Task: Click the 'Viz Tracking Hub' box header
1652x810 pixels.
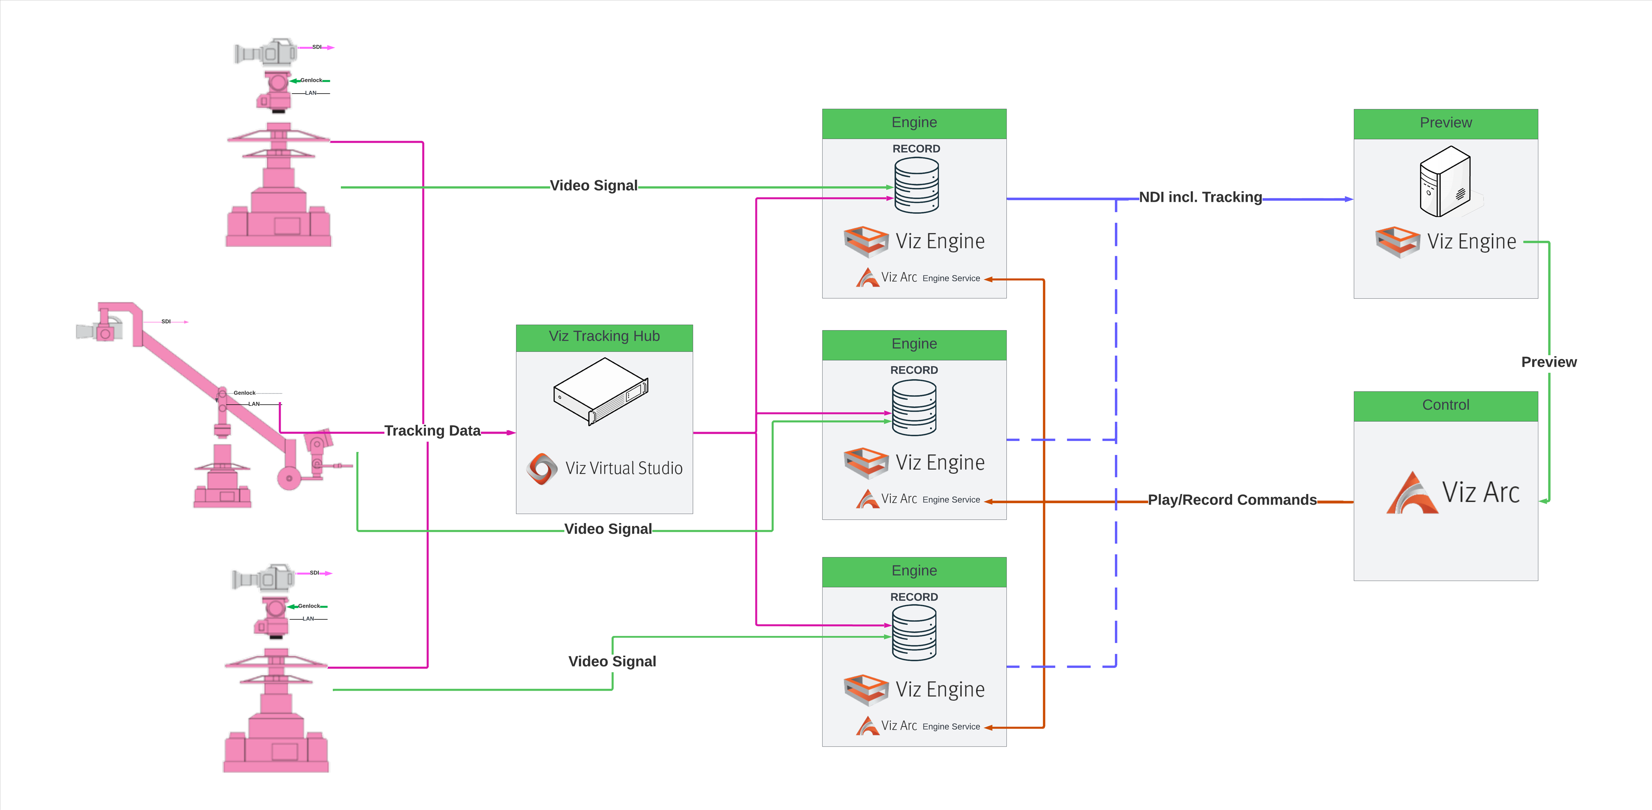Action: point(604,337)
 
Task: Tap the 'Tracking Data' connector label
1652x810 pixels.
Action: point(432,431)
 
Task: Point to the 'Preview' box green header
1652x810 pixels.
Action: point(1445,123)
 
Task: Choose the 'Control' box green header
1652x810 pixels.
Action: point(1445,405)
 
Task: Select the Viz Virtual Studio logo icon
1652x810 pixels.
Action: point(542,469)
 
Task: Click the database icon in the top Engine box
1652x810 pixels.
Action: point(916,185)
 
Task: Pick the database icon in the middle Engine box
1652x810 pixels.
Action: point(914,408)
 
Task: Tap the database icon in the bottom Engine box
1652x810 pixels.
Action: point(914,633)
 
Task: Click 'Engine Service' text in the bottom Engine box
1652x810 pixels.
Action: point(951,727)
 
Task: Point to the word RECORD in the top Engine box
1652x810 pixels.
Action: point(916,149)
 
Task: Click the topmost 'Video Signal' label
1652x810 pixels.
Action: point(593,186)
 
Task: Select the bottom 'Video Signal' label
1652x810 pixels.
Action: point(612,662)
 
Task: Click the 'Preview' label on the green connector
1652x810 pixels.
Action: point(1548,362)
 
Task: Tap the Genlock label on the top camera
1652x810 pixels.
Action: point(311,81)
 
